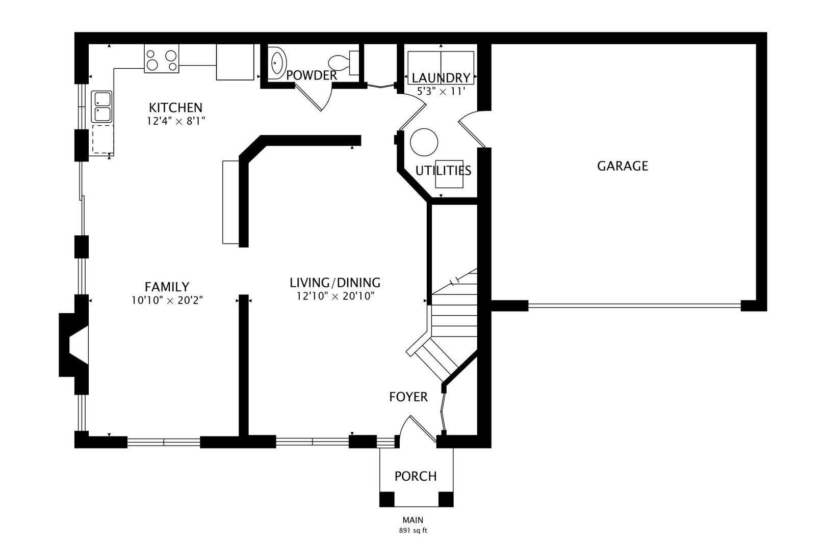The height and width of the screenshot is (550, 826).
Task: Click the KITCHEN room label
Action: [x=175, y=107]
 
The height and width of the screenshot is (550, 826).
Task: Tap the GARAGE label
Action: [x=623, y=166]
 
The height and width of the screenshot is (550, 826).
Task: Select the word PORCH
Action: [x=416, y=476]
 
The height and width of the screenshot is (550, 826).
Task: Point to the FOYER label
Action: [x=408, y=397]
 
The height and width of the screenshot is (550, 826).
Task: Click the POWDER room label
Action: [x=312, y=75]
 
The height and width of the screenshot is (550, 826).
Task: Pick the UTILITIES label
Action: [x=443, y=171]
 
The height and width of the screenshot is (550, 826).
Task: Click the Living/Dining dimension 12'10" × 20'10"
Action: [x=335, y=296]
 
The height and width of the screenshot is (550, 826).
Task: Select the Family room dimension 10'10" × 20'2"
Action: [x=167, y=300]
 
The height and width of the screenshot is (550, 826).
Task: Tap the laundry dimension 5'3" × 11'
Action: [x=441, y=91]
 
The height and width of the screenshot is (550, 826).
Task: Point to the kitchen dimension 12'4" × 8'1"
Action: [x=175, y=121]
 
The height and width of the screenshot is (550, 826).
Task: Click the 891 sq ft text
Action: [x=412, y=531]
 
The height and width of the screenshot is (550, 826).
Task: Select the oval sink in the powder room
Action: [x=277, y=63]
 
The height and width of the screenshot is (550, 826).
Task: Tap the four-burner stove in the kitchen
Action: [x=162, y=59]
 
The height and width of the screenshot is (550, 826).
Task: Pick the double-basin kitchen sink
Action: [x=102, y=107]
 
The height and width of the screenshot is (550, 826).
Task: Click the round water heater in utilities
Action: [x=424, y=142]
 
